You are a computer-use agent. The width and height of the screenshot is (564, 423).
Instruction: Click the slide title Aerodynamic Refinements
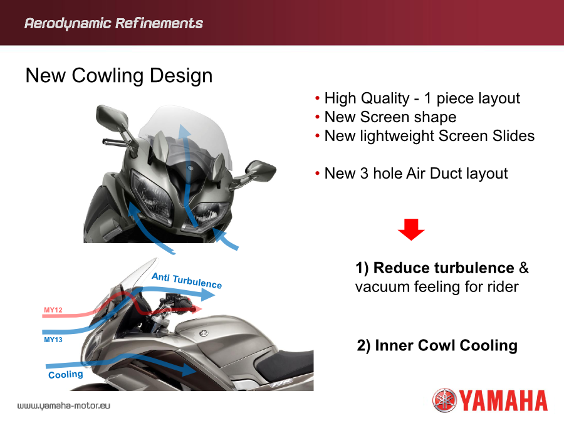point(113,23)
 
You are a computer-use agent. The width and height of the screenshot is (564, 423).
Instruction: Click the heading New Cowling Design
point(119,76)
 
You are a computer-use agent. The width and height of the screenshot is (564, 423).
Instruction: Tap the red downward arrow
point(411,229)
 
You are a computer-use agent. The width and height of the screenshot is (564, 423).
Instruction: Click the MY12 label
point(53,310)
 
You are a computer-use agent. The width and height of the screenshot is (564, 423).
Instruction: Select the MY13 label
point(53,340)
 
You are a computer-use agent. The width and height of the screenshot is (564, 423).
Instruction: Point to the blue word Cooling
point(66,375)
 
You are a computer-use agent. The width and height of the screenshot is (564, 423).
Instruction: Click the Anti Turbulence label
point(187,281)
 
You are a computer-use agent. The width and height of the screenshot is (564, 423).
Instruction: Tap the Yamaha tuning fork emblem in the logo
point(444,400)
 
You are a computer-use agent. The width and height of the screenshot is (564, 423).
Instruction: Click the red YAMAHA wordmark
point(503,400)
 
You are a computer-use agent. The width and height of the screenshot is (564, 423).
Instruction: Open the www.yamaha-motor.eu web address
point(64,405)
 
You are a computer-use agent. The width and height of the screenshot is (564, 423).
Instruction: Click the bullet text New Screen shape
point(390,117)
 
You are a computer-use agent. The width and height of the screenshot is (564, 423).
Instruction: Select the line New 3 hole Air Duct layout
point(416,174)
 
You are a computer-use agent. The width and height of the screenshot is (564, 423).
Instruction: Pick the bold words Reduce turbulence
point(444,268)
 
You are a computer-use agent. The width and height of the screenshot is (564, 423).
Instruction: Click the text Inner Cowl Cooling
point(446,345)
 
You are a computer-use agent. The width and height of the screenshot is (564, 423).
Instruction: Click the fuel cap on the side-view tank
point(204,333)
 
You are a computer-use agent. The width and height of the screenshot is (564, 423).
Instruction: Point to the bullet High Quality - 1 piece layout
point(422,98)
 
